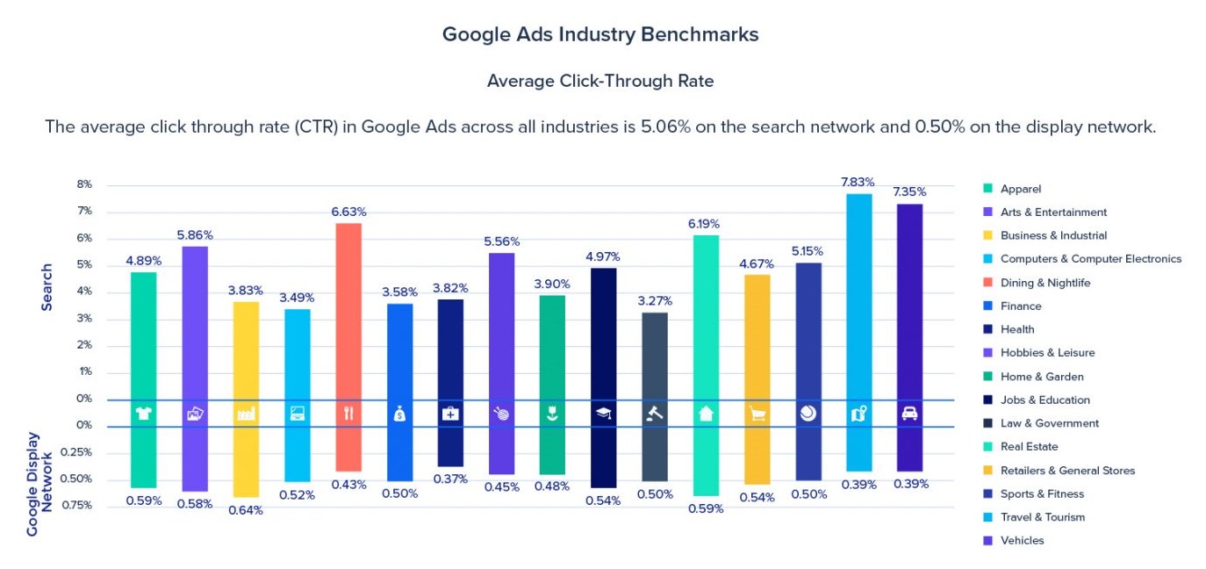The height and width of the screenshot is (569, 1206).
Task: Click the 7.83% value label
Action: (858, 182)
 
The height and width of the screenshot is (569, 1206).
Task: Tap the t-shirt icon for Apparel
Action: (144, 414)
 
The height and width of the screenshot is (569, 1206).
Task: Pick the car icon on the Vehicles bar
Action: (909, 414)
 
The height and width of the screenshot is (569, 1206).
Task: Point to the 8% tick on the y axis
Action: (84, 184)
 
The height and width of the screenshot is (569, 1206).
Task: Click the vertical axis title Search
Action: (47, 287)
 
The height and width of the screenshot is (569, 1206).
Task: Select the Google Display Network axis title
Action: (39, 484)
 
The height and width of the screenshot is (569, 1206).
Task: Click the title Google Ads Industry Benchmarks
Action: (600, 35)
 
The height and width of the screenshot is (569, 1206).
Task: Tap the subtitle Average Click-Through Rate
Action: (600, 81)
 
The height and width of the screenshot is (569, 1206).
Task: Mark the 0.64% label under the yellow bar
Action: (246, 510)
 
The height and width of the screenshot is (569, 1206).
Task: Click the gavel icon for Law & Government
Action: (655, 414)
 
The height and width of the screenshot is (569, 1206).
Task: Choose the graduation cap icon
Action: (603, 414)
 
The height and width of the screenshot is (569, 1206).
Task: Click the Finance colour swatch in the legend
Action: (987, 306)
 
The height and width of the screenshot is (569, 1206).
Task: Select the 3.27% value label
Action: (654, 300)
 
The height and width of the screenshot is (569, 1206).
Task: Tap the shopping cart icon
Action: (757, 414)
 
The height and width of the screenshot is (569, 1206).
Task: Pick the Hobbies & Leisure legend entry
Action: (1047, 353)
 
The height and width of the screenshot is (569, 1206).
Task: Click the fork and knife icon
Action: (348, 414)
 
